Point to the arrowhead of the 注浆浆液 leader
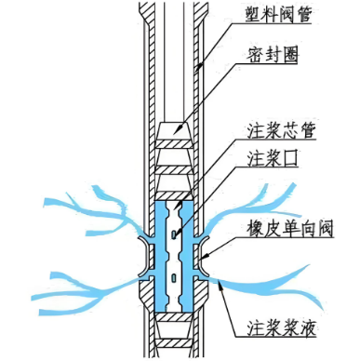(216, 279)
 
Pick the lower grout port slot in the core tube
(176, 276)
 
